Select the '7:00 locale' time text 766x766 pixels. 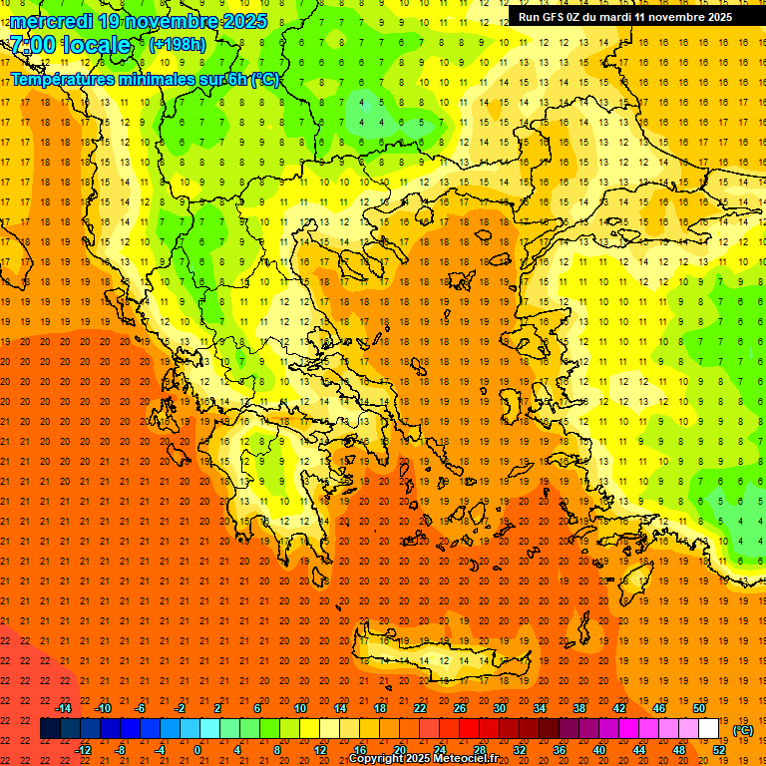click(71, 45)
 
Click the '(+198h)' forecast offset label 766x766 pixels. click(177, 45)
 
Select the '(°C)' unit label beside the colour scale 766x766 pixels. click(743, 730)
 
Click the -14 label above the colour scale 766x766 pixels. click(63, 708)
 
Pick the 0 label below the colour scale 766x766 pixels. click(197, 750)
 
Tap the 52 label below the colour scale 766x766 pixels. click(719, 750)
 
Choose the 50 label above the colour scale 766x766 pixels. click(699, 708)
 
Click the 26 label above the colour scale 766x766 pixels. click(460, 708)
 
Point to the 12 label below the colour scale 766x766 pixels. click(320, 750)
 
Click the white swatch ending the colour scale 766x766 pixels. click(708, 729)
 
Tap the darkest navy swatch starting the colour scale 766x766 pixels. click(50, 729)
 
